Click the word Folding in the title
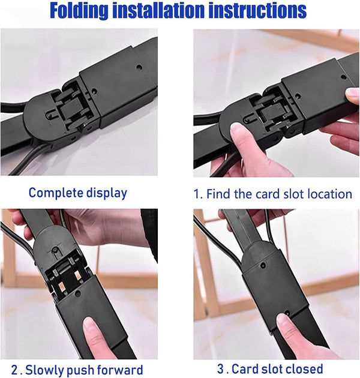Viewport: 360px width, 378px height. coord(79,11)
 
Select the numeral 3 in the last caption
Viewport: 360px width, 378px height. coord(221,369)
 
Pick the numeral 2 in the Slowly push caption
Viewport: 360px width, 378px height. coord(14,370)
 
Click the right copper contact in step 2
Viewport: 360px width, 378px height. coord(77,275)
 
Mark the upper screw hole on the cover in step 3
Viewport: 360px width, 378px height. coord(263,265)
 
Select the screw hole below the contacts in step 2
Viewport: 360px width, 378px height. coord(77,294)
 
